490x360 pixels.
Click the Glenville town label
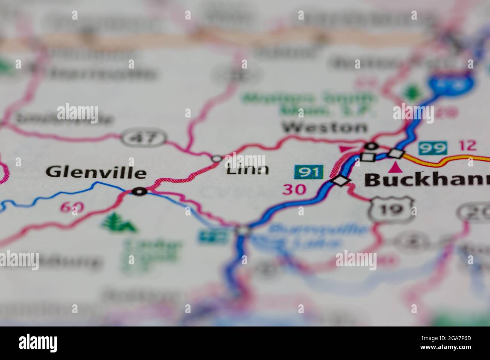96,173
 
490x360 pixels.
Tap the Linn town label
248,170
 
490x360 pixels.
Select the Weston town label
325,127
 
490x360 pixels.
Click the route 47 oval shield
144,138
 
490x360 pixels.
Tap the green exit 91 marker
309,172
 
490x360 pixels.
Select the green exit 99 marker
433,148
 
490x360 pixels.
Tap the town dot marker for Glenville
140,192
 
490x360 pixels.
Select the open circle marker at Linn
216,159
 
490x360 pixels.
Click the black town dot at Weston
372,146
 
